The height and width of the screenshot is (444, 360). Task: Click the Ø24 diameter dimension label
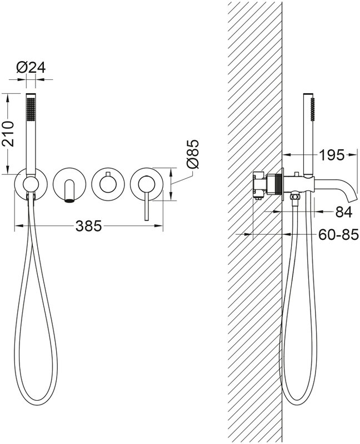click(x=31, y=68)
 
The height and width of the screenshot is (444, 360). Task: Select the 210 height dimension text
click(x=8, y=134)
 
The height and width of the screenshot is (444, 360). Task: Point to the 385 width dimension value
click(x=88, y=226)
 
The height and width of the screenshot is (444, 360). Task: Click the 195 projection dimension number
click(x=332, y=155)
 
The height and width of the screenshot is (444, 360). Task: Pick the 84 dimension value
click(x=343, y=211)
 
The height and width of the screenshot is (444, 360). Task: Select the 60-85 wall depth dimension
click(x=338, y=234)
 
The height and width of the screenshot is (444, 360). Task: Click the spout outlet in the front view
click(x=69, y=201)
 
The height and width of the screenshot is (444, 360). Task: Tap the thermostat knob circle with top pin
click(x=108, y=184)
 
